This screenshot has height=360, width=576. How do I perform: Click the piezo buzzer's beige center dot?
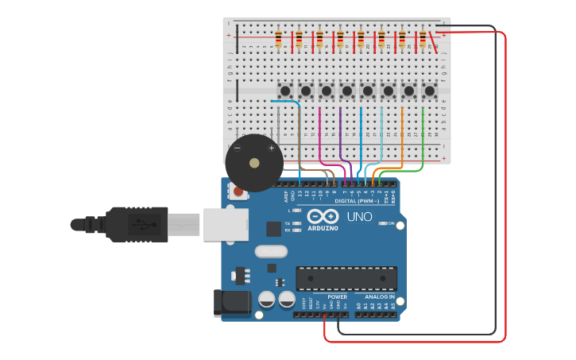point(254,163)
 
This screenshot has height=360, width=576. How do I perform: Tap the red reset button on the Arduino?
point(238,191)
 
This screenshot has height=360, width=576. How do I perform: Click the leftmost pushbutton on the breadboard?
point(285,91)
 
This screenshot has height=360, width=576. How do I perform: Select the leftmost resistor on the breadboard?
point(278,38)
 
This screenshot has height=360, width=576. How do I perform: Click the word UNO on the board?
point(359,216)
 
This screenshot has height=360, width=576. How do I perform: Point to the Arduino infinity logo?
point(323,216)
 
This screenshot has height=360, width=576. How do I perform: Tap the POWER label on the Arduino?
point(337,296)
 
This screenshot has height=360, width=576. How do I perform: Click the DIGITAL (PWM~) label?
point(357,201)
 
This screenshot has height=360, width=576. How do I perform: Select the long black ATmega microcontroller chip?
point(346,278)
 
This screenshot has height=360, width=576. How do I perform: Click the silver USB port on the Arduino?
point(226,224)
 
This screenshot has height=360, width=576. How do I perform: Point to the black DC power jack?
point(231,304)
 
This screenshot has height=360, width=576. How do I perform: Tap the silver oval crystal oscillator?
point(271,251)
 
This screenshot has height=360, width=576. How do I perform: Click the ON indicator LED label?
point(391,223)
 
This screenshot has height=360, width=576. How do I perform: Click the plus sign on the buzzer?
point(271,148)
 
